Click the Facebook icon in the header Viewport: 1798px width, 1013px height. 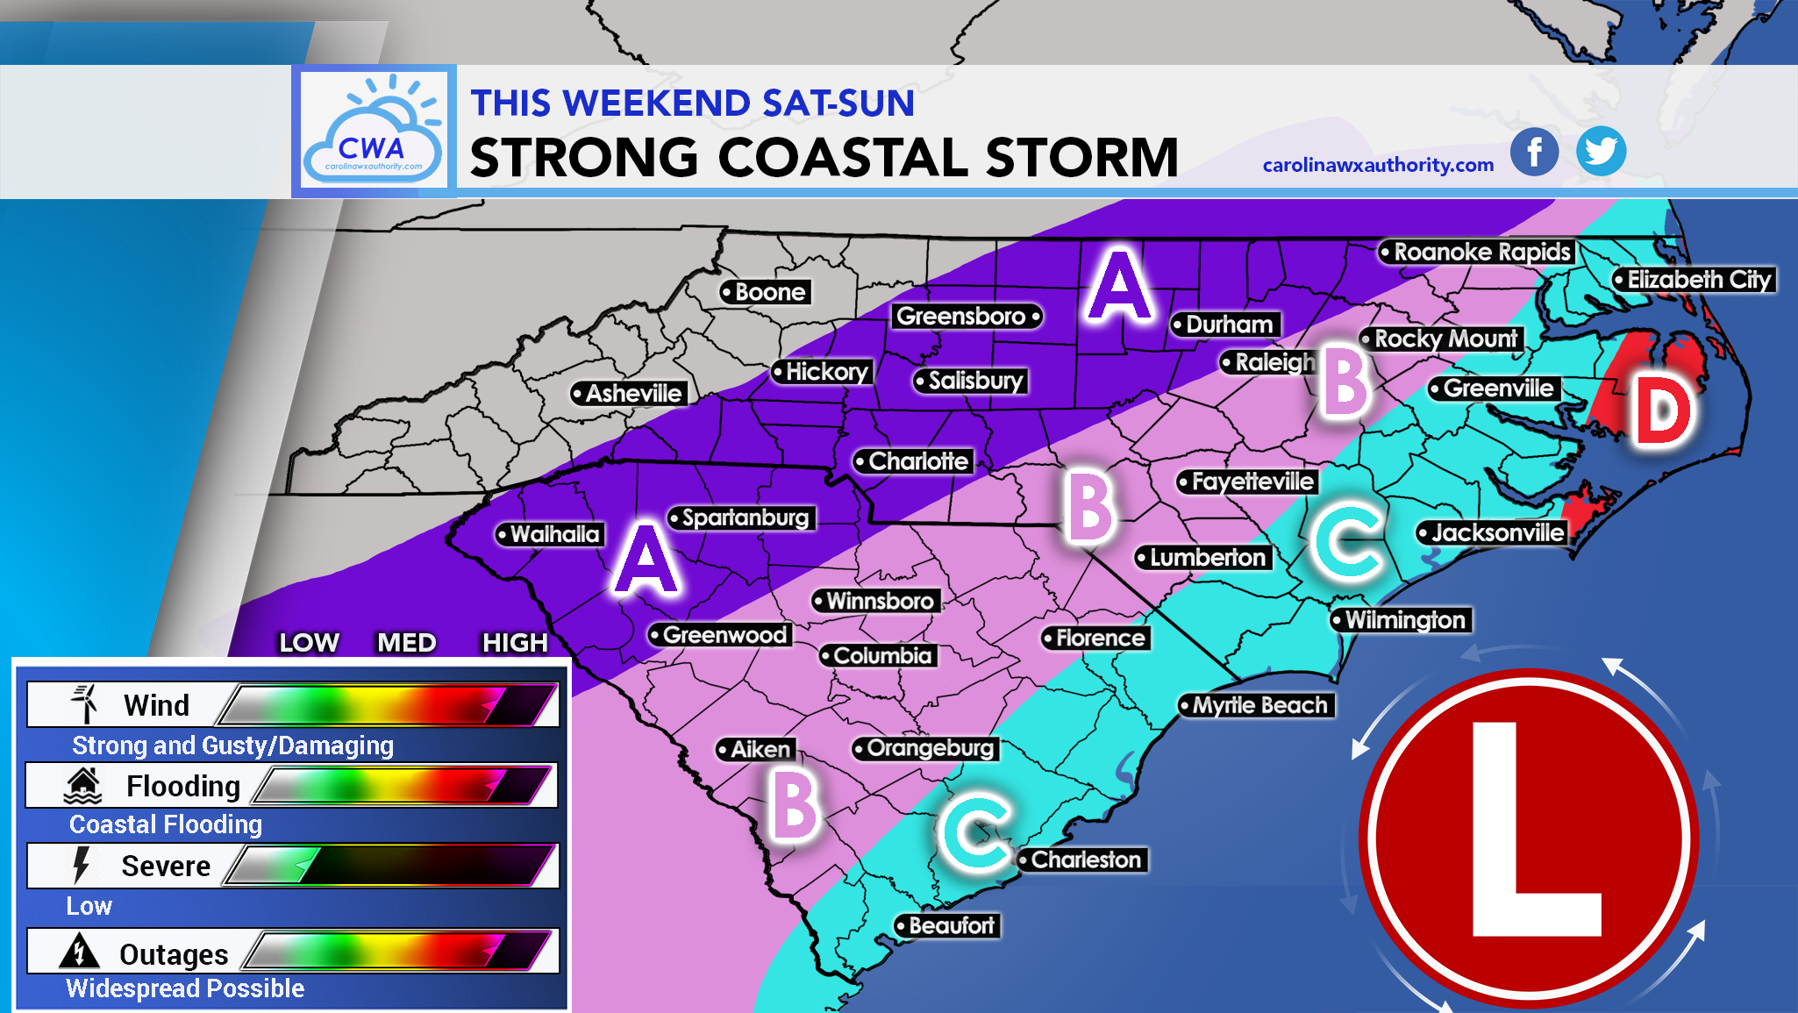coord(1534,151)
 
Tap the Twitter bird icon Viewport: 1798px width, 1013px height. coord(1601,151)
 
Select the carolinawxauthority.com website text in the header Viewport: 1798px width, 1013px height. coord(1378,165)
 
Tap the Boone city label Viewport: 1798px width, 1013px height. coord(765,292)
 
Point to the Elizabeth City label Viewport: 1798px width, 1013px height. coord(1695,280)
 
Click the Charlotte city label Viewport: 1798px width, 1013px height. coord(914,461)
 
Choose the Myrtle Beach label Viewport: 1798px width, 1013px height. coord(1256,705)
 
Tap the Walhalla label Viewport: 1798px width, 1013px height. coord(550,534)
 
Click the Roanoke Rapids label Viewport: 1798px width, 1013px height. coord(1477,253)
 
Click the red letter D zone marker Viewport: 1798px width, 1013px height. coord(1663,411)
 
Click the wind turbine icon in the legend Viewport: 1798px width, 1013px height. coord(85,703)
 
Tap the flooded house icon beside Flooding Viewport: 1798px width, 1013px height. coord(83,785)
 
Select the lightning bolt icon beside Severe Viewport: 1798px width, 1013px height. coord(81,865)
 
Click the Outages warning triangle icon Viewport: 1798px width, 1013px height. coord(79,952)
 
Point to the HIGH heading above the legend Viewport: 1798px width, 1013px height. coord(514,643)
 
